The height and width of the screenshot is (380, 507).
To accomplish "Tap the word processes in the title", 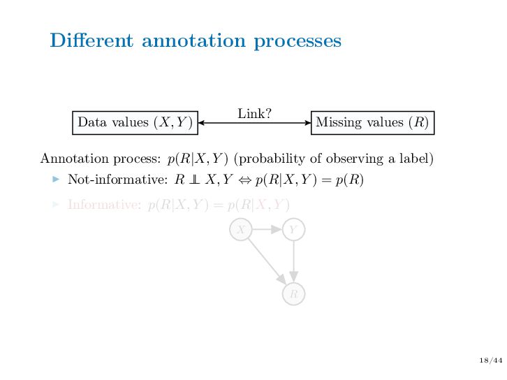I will [297, 41].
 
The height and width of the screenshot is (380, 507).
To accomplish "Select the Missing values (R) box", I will [372, 122].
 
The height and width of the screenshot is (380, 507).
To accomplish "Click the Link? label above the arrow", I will [254, 113].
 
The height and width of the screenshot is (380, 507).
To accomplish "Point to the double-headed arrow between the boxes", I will [254, 123].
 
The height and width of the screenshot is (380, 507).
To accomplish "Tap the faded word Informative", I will [105, 205].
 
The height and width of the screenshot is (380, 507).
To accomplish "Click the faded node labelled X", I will [241, 229].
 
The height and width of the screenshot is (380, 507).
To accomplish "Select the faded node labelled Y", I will [293, 229].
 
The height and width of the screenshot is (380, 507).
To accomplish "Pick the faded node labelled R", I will [293, 294].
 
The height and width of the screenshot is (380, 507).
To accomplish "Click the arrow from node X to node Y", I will [267, 229].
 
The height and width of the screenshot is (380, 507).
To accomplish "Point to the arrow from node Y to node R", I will [293, 262].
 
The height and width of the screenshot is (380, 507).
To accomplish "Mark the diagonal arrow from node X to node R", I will [266, 261].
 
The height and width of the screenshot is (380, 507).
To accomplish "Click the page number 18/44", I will [492, 360].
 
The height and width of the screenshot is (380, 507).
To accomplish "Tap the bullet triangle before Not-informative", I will [57, 180].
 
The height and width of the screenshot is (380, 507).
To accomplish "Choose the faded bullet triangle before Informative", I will [57, 205].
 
